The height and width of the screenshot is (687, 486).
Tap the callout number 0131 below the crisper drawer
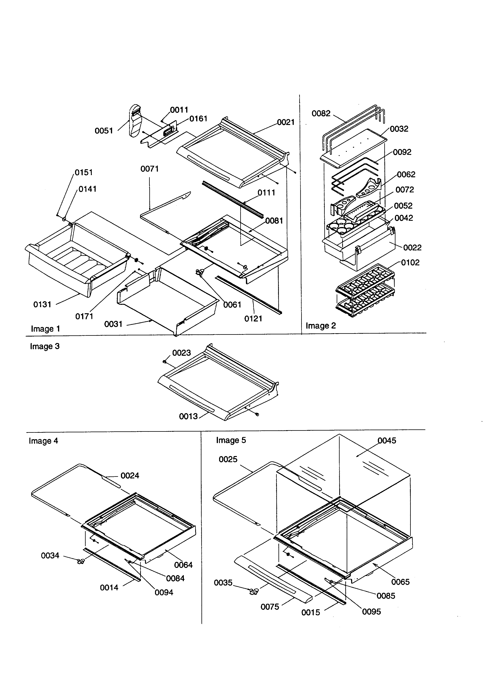click(42, 305)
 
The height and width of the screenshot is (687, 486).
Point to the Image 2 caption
click(321, 326)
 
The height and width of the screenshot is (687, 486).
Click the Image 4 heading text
click(43, 441)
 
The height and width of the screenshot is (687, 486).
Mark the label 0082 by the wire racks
click(321, 113)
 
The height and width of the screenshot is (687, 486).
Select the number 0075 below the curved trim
click(270, 607)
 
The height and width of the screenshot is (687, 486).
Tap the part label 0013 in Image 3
click(188, 416)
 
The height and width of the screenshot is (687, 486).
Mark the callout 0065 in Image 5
click(400, 582)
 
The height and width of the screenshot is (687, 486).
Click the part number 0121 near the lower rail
click(253, 319)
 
